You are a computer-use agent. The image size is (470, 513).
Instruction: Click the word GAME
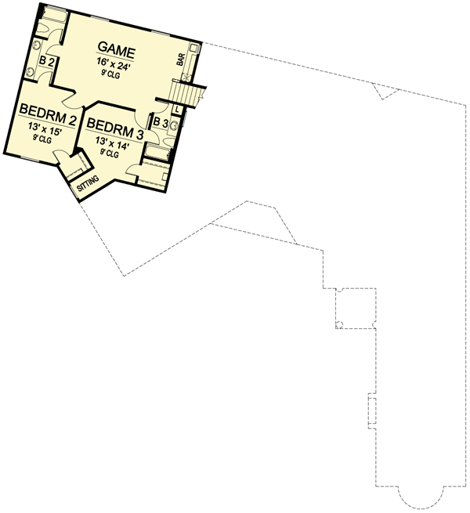coord(117,52)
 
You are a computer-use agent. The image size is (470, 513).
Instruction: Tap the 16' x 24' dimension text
coord(117,66)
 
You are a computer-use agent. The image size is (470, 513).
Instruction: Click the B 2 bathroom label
coord(45,61)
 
